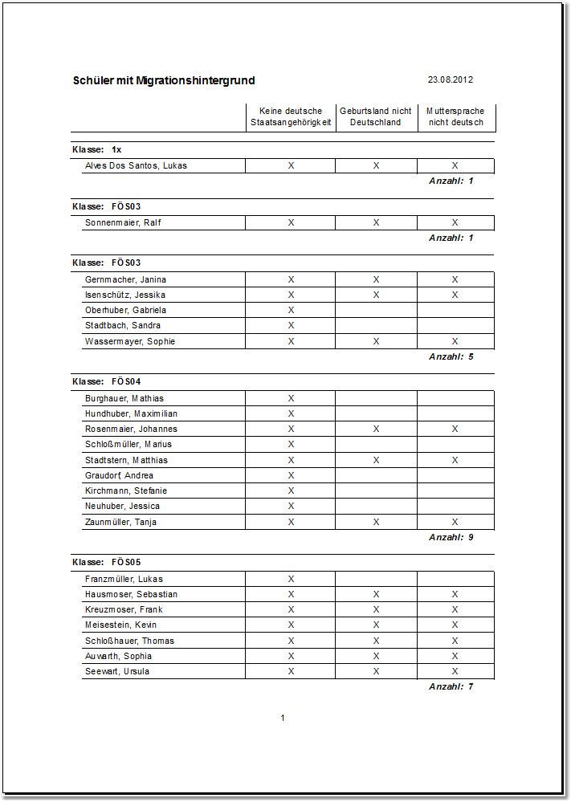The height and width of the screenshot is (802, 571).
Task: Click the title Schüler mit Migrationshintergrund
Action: pos(164,80)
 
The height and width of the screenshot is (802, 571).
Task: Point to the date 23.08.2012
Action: pos(450,79)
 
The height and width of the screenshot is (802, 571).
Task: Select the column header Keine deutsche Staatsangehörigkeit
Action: pos(291,116)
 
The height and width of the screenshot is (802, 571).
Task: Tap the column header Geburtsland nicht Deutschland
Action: pos(376,116)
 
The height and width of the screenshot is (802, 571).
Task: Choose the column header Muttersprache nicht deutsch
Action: pos(455,116)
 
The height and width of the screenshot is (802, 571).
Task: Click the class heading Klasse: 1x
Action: pos(97,149)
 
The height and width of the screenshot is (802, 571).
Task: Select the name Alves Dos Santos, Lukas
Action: pos(136,165)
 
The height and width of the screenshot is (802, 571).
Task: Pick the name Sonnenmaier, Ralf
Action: pos(123,222)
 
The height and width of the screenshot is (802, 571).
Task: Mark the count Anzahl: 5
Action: pos(451,356)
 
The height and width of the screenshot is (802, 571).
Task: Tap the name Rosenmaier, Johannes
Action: pos(131,429)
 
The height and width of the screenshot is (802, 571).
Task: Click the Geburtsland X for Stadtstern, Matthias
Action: pos(376,460)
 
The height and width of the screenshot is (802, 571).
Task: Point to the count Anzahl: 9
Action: pos(451,537)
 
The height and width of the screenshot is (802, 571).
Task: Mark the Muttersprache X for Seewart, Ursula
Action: pos(455,671)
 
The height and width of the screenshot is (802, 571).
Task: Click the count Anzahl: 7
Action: pos(451,686)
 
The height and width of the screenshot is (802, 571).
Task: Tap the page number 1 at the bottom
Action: pos(283,718)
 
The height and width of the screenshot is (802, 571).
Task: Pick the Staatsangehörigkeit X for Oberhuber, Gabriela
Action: pos(291,310)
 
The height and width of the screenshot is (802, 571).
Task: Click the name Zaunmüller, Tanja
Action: pos(120,522)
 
